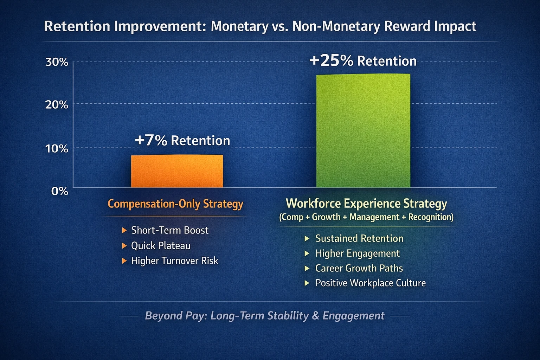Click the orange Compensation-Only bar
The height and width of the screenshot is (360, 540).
click(177, 171)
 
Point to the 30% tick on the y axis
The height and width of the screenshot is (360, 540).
click(57, 62)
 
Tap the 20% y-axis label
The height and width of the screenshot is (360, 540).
click(57, 104)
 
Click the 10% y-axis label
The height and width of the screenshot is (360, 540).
click(57, 148)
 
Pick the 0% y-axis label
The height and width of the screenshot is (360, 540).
click(59, 191)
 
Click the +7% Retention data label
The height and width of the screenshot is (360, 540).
click(182, 140)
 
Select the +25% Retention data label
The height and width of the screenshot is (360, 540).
click(362, 61)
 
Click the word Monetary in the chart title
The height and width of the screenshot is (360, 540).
click(239, 26)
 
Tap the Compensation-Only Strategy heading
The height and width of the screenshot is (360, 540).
click(175, 204)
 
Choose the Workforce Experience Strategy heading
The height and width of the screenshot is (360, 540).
click(366, 204)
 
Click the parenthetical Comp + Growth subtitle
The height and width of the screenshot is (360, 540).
click(366, 217)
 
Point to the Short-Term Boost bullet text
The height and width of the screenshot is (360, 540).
click(169, 230)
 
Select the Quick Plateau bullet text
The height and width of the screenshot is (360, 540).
click(161, 245)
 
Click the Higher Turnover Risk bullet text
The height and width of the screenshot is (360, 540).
click(174, 261)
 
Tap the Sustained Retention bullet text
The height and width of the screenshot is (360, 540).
click(359, 238)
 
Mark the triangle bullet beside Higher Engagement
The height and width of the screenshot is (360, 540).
click(307, 253)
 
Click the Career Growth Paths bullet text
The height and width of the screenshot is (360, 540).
click(359, 268)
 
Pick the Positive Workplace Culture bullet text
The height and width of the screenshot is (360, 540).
click(370, 283)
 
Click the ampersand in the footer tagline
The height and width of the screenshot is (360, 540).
click(315, 316)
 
